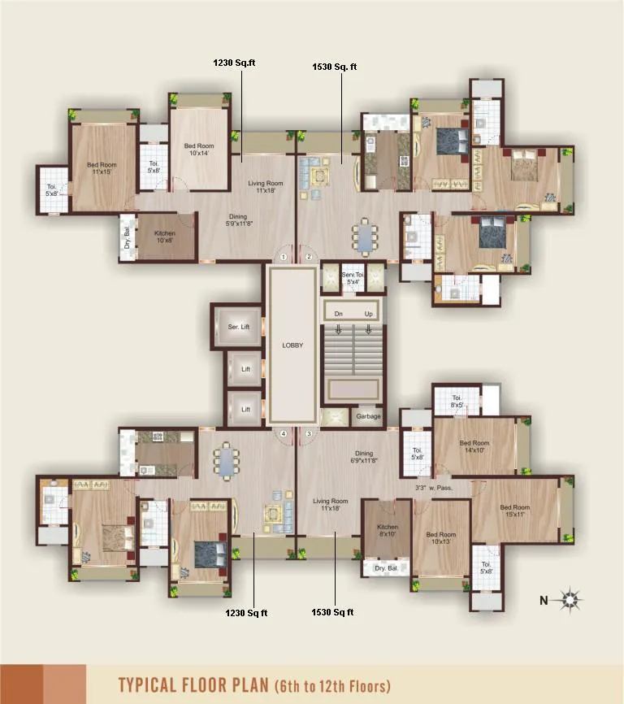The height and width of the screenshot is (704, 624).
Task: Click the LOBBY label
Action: point(292,345)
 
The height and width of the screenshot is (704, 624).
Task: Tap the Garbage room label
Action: point(367,416)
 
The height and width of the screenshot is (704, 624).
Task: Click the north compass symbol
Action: point(571,601)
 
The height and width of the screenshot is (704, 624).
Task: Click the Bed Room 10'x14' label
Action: point(199,150)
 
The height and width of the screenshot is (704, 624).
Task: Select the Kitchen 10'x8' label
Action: point(164,237)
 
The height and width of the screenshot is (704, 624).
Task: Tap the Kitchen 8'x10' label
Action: point(387,532)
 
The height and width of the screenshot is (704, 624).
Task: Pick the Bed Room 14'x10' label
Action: point(474,447)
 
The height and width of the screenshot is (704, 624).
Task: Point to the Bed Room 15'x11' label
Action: point(514,511)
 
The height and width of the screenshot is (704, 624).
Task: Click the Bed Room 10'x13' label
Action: point(440,539)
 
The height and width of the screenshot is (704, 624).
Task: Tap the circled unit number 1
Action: point(284,257)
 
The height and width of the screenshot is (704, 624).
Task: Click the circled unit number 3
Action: point(309,434)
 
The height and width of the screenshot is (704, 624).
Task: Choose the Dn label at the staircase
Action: point(339,313)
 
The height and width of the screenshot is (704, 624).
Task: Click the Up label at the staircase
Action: point(368,313)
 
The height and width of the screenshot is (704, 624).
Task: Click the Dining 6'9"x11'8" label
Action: point(363,458)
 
